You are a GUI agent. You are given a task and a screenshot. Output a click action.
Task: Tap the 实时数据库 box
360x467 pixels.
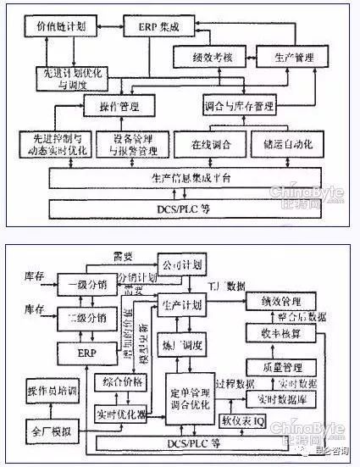(277, 398)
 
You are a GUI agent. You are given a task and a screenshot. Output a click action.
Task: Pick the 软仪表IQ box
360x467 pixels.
(242, 420)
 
